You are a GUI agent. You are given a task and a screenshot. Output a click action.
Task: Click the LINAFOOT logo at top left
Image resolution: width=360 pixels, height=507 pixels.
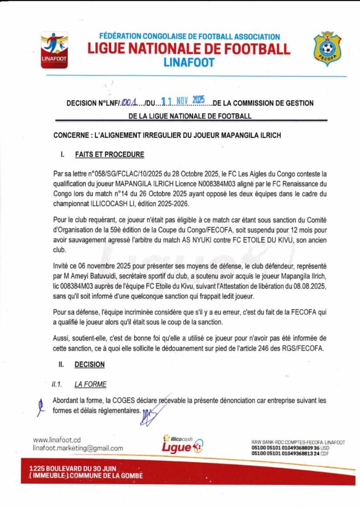coord(55,50)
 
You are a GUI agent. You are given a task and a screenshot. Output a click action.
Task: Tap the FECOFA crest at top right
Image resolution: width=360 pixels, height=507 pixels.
coord(327,49)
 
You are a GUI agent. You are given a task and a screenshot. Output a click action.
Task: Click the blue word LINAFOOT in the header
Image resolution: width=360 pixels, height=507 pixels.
coord(189,62)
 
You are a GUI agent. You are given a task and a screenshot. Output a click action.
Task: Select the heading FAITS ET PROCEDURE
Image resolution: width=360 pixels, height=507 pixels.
coord(109,154)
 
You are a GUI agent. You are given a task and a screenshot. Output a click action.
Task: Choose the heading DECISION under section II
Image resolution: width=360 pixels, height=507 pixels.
coord(90,364)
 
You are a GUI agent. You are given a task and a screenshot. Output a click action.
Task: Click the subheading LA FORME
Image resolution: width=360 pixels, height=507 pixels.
coord(90,384)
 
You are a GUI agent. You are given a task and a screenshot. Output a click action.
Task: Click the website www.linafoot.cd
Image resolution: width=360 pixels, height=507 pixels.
coord(57,440)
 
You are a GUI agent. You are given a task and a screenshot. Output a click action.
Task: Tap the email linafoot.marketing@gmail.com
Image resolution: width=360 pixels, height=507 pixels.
coord(78,448)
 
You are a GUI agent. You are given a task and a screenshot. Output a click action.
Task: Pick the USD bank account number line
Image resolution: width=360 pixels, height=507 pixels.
coord(290,448)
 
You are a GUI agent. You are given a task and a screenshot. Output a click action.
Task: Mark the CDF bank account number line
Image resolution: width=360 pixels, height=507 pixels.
coord(290,454)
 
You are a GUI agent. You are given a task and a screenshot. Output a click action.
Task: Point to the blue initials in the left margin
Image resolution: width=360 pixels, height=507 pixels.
coord(40,407)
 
